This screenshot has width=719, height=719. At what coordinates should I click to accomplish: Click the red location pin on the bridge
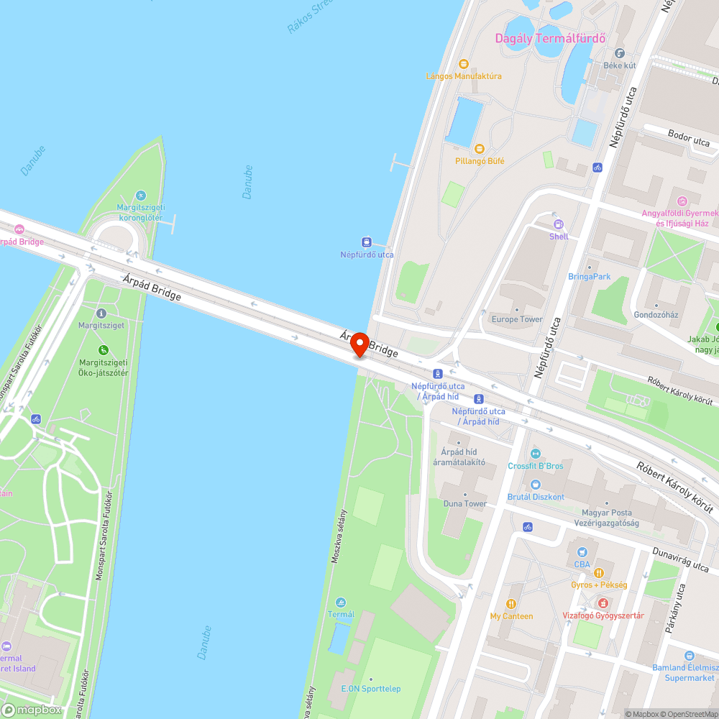tap(359, 345)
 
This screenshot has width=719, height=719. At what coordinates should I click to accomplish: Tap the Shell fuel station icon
tap(558, 224)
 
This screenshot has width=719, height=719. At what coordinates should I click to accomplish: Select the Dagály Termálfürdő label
tap(551, 38)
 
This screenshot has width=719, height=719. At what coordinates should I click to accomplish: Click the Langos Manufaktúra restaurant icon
tap(463, 63)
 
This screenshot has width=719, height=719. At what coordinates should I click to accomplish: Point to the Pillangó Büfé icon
tap(459, 149)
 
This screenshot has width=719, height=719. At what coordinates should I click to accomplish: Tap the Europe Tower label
tap(517, 319)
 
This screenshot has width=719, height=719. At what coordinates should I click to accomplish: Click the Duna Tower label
tap(464, 503)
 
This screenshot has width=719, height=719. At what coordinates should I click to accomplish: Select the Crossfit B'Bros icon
tap(535, 453)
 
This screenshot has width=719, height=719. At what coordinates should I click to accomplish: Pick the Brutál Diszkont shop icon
tap(535, 484)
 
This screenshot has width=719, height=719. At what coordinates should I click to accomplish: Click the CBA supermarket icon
tap(582, 551)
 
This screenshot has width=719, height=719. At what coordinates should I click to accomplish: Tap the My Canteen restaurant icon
tap(511, 604)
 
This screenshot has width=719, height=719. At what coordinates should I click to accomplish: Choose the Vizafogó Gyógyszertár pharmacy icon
tap(603, 603)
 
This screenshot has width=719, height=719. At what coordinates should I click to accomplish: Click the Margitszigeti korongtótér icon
tap(140, 195)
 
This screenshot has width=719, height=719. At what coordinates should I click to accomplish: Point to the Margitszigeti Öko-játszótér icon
tap(104, 350)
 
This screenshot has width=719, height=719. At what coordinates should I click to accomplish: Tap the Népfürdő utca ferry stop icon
tap(366, 242)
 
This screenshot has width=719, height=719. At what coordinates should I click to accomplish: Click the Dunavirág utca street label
tap(681, 561)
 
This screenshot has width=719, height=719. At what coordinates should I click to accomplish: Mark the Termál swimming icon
tap(341, 602)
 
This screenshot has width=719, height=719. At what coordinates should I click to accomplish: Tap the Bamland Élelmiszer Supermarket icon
tap(690, 656)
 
